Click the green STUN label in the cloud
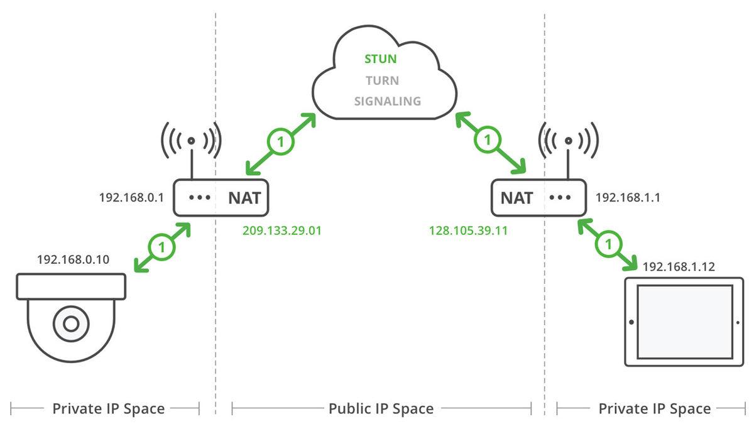click(x=381, y=60)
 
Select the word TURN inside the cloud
click(x=382, y=80)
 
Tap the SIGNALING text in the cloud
click(x=387, y=101)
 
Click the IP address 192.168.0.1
click(x=131, y=197)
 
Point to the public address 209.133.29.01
click(x=282, y=231)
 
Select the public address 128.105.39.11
click(x=468, y=231)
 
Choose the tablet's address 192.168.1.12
click(x=679, y=266)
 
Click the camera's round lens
click(x=70, y=323)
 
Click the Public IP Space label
click(x=381, y=409)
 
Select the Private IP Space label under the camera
click(x=108, y=409)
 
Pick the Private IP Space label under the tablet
click(x=654, y=409)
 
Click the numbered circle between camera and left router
click(x=162, y=247)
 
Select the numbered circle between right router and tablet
click(x=608, y=242)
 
